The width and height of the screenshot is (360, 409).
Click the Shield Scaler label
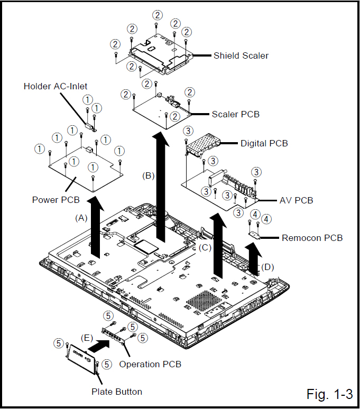coord(241,55)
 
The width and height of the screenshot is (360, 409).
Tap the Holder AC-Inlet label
coord(56,86)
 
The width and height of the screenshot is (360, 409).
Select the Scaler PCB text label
coord(236,114)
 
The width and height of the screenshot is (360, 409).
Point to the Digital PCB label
coord(264,143)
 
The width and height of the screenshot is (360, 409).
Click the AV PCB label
coord(296,200)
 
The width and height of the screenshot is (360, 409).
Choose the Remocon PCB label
coord(312,238)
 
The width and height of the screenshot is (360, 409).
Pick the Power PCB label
coord(56,200)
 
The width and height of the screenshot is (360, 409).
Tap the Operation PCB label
coord(150,364)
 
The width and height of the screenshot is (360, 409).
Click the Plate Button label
coord(117,392)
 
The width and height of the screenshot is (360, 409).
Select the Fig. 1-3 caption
coord(329,394)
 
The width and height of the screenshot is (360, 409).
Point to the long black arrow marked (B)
coord(159,185)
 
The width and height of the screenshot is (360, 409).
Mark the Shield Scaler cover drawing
coord(153,53)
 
